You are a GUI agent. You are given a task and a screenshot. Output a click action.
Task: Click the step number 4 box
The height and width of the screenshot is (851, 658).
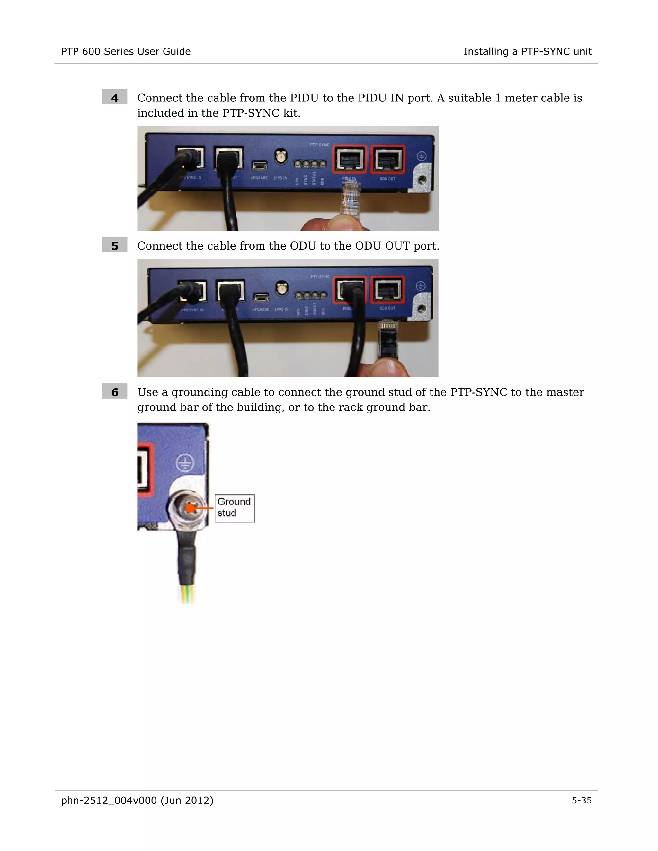click(115, 97)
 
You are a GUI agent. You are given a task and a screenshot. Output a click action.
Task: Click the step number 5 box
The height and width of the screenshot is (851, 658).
click(115, 245)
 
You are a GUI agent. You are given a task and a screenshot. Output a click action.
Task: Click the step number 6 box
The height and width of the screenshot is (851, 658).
click(115, 391)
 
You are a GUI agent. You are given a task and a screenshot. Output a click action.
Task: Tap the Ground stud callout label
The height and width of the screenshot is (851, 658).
click(234, 508)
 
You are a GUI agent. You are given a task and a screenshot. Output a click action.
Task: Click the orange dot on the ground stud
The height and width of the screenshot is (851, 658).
click(190, 508)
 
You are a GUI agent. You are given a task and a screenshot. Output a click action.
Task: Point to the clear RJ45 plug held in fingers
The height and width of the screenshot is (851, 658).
click(350, 199)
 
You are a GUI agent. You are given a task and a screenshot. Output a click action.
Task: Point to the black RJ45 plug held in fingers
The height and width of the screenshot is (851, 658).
click(388, 338)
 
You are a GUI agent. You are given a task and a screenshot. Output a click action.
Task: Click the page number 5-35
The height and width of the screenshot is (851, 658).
click(581, 800)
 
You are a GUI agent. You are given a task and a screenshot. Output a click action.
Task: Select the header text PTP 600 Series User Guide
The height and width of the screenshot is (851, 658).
click(126, 51)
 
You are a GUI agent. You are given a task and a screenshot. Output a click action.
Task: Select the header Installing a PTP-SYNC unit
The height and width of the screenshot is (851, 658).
click(528, 51)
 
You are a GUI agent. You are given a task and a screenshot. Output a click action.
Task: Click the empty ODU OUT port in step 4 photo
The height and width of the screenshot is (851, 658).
click(387, 159)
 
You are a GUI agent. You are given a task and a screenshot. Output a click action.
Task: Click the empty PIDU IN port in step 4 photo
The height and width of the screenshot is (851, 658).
click(349, 159)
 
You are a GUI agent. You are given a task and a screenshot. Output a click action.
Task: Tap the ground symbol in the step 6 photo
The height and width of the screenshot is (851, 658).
click(184, 464)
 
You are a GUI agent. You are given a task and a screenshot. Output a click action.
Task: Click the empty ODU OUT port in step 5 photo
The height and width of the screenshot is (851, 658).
click(387, 290)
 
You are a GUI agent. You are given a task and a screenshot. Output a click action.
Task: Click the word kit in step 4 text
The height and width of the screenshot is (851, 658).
click(291, 113)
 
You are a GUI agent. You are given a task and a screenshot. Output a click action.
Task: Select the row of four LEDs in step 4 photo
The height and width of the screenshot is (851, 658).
click(310, 164)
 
